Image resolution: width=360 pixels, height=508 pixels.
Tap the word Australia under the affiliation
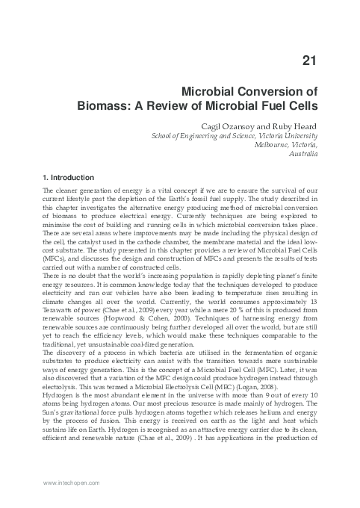302,155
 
